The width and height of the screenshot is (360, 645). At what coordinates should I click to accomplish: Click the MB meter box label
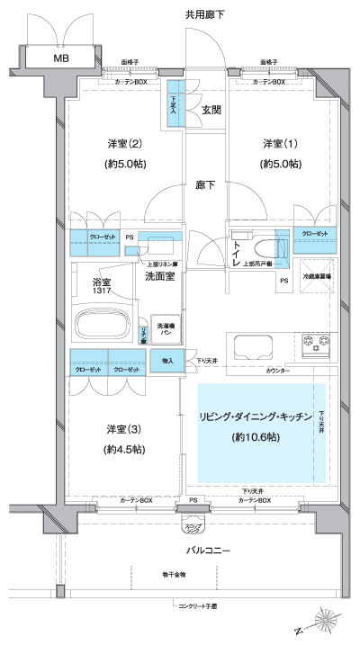tap(60, 58)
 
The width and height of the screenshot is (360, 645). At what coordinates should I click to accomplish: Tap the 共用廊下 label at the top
tap(204, 14)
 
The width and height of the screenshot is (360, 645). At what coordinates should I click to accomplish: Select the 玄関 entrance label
tap(211, 111)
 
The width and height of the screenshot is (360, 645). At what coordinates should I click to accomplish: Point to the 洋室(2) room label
tap(121, 144)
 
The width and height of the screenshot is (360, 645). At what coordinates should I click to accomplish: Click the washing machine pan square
tap(166, 330)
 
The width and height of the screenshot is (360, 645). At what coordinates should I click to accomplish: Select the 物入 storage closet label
tap(167, 361)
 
